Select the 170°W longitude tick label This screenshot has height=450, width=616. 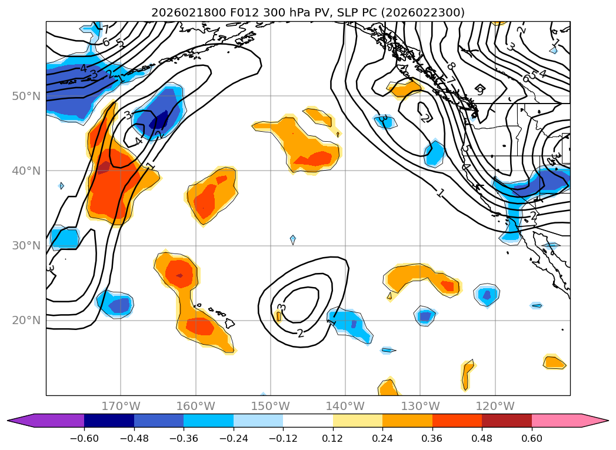[121, 406]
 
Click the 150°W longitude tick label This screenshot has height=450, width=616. [270, 406]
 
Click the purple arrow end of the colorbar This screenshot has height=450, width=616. [18, 420]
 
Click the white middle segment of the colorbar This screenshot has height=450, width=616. [308, 420]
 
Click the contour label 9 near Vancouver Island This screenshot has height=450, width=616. [480, 91]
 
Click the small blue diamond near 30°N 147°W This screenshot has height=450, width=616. [292, 239]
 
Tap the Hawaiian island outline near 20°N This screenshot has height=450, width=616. [229, 323]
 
